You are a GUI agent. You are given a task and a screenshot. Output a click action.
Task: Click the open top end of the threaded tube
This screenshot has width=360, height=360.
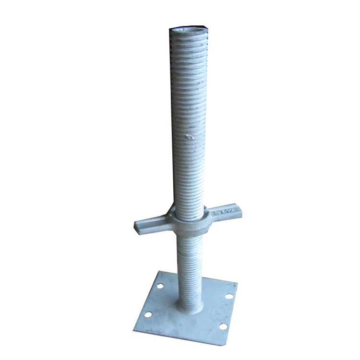(x=188, y=30)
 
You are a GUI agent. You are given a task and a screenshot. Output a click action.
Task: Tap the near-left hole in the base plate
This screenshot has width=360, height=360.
(x=149, y=314)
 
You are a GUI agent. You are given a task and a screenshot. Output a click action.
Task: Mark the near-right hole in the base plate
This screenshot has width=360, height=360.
(x=222, y=326)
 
